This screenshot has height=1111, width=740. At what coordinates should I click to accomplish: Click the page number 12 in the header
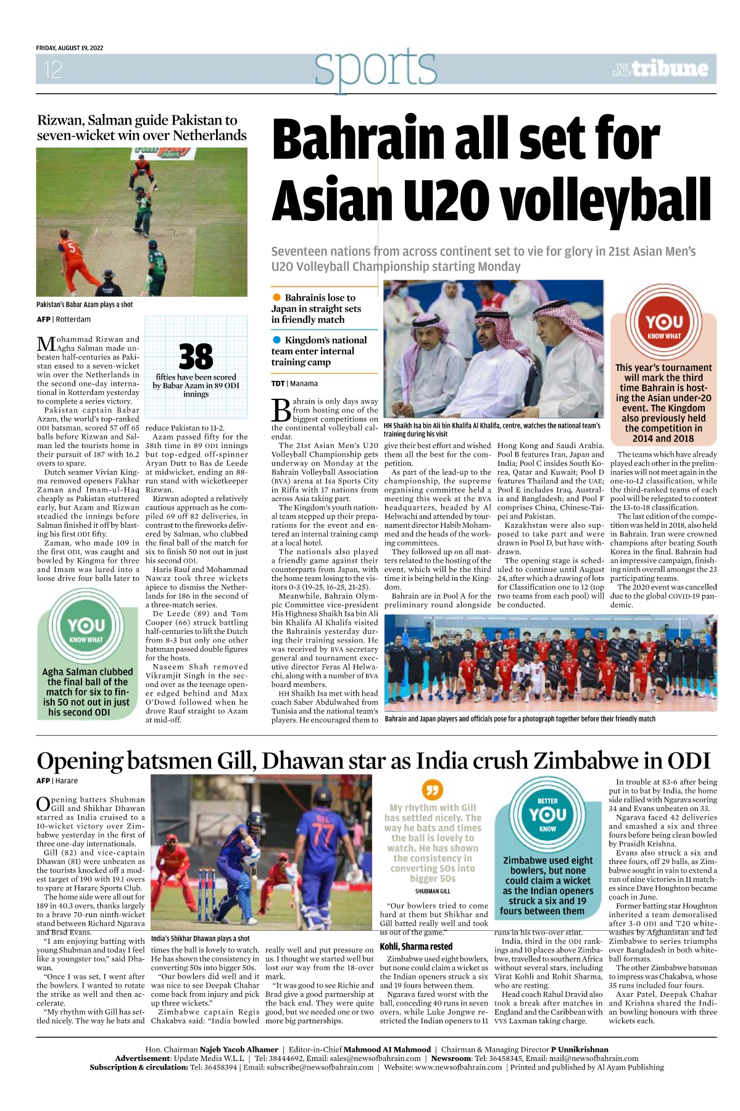[x=52, y=69]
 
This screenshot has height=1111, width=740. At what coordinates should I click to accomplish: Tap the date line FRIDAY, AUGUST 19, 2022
[x=70, y=48]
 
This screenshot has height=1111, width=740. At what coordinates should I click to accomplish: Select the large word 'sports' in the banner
[x=375, y=68]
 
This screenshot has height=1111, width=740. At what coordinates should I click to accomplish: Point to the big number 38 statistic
[x=196, y=357]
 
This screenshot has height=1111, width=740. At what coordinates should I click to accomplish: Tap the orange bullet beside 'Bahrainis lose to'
[x=277, y=298]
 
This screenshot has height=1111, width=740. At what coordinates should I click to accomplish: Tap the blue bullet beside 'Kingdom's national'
[x=277, y=340]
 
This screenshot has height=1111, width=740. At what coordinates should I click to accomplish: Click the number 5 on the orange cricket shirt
[x=72, y=248]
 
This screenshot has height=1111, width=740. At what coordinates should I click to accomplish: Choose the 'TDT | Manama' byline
[x=294, y=384]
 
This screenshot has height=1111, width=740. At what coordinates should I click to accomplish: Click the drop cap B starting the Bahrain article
[x=281, y=410]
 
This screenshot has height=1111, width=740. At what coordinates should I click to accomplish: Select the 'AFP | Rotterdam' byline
[x=64, y=320]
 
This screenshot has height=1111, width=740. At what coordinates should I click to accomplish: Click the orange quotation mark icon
[x=432, y=789]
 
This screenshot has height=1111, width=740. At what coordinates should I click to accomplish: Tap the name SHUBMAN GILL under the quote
[x=433, y=891]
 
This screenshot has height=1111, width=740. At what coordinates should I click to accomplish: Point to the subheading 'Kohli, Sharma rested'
[x=416, y=947]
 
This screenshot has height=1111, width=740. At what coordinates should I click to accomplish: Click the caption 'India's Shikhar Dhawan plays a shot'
[x=200, y=939]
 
